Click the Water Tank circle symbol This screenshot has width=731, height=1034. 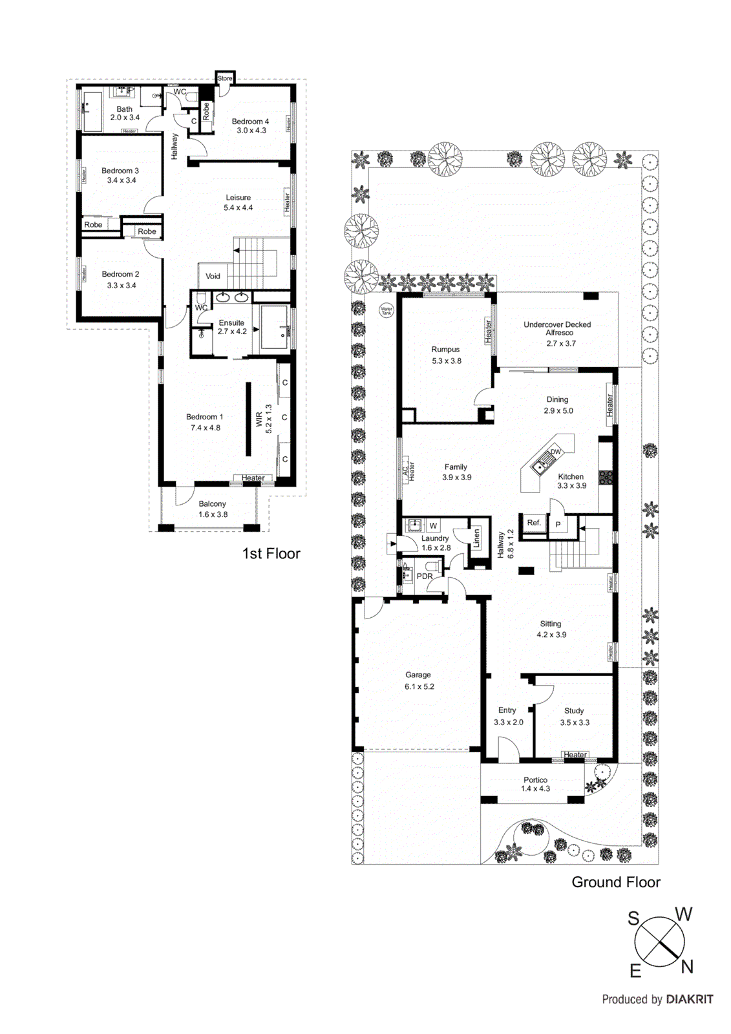tap(386, 310)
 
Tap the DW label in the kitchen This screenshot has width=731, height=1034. tap(555, 452)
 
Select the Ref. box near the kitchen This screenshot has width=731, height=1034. tap(534, 523)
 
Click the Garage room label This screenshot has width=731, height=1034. tap(418, 675)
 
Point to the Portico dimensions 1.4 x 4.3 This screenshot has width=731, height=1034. tap(536, 788)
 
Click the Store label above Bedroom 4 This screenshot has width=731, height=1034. tap(224, 78)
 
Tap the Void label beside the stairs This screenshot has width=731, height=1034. tap(213, 276)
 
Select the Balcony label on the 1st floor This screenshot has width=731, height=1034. tap(212, 504)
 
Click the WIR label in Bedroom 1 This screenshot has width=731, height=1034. tap(259, 419)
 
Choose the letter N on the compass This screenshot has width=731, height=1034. tap(687, 967)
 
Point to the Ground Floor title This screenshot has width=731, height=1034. tap(615, 882)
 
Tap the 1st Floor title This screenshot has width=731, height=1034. tap(271, 554)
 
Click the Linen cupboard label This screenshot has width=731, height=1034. tap(477, 538)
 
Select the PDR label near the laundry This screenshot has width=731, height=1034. tap(425, 576)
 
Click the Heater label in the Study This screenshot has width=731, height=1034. tap(575, 755)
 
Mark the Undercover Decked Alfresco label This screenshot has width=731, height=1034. tap(557, 328)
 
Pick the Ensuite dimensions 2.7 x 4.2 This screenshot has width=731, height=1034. tap(232, 332)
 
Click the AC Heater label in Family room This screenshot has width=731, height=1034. tap(408, 470)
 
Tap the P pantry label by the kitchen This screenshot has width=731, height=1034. tap(558, 525)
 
